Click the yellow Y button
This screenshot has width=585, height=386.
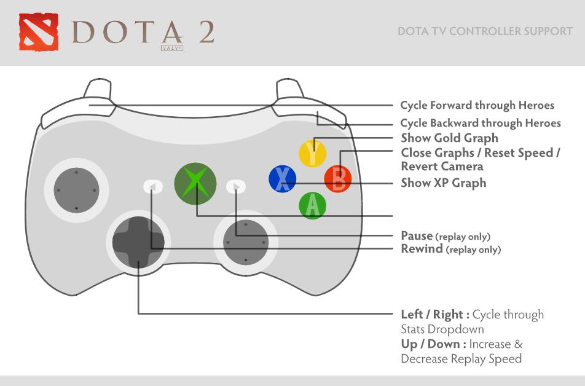313,153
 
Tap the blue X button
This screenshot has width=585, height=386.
283,179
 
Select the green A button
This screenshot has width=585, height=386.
313,205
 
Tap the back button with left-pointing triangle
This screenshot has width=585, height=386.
153,186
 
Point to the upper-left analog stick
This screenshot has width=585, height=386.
76,191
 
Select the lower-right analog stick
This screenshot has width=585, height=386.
245,242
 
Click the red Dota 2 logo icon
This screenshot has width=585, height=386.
38,32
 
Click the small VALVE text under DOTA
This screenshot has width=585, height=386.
171,46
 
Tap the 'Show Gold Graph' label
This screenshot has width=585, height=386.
449,138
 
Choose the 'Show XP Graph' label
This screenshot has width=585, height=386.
443,183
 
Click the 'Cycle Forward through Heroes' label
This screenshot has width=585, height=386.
477,105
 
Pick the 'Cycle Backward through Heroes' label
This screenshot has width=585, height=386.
480,123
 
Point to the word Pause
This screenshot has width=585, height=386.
417,235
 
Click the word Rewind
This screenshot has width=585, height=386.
422,248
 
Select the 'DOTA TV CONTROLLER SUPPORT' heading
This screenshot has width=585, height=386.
485,31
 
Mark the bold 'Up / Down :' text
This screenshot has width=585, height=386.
433,344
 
